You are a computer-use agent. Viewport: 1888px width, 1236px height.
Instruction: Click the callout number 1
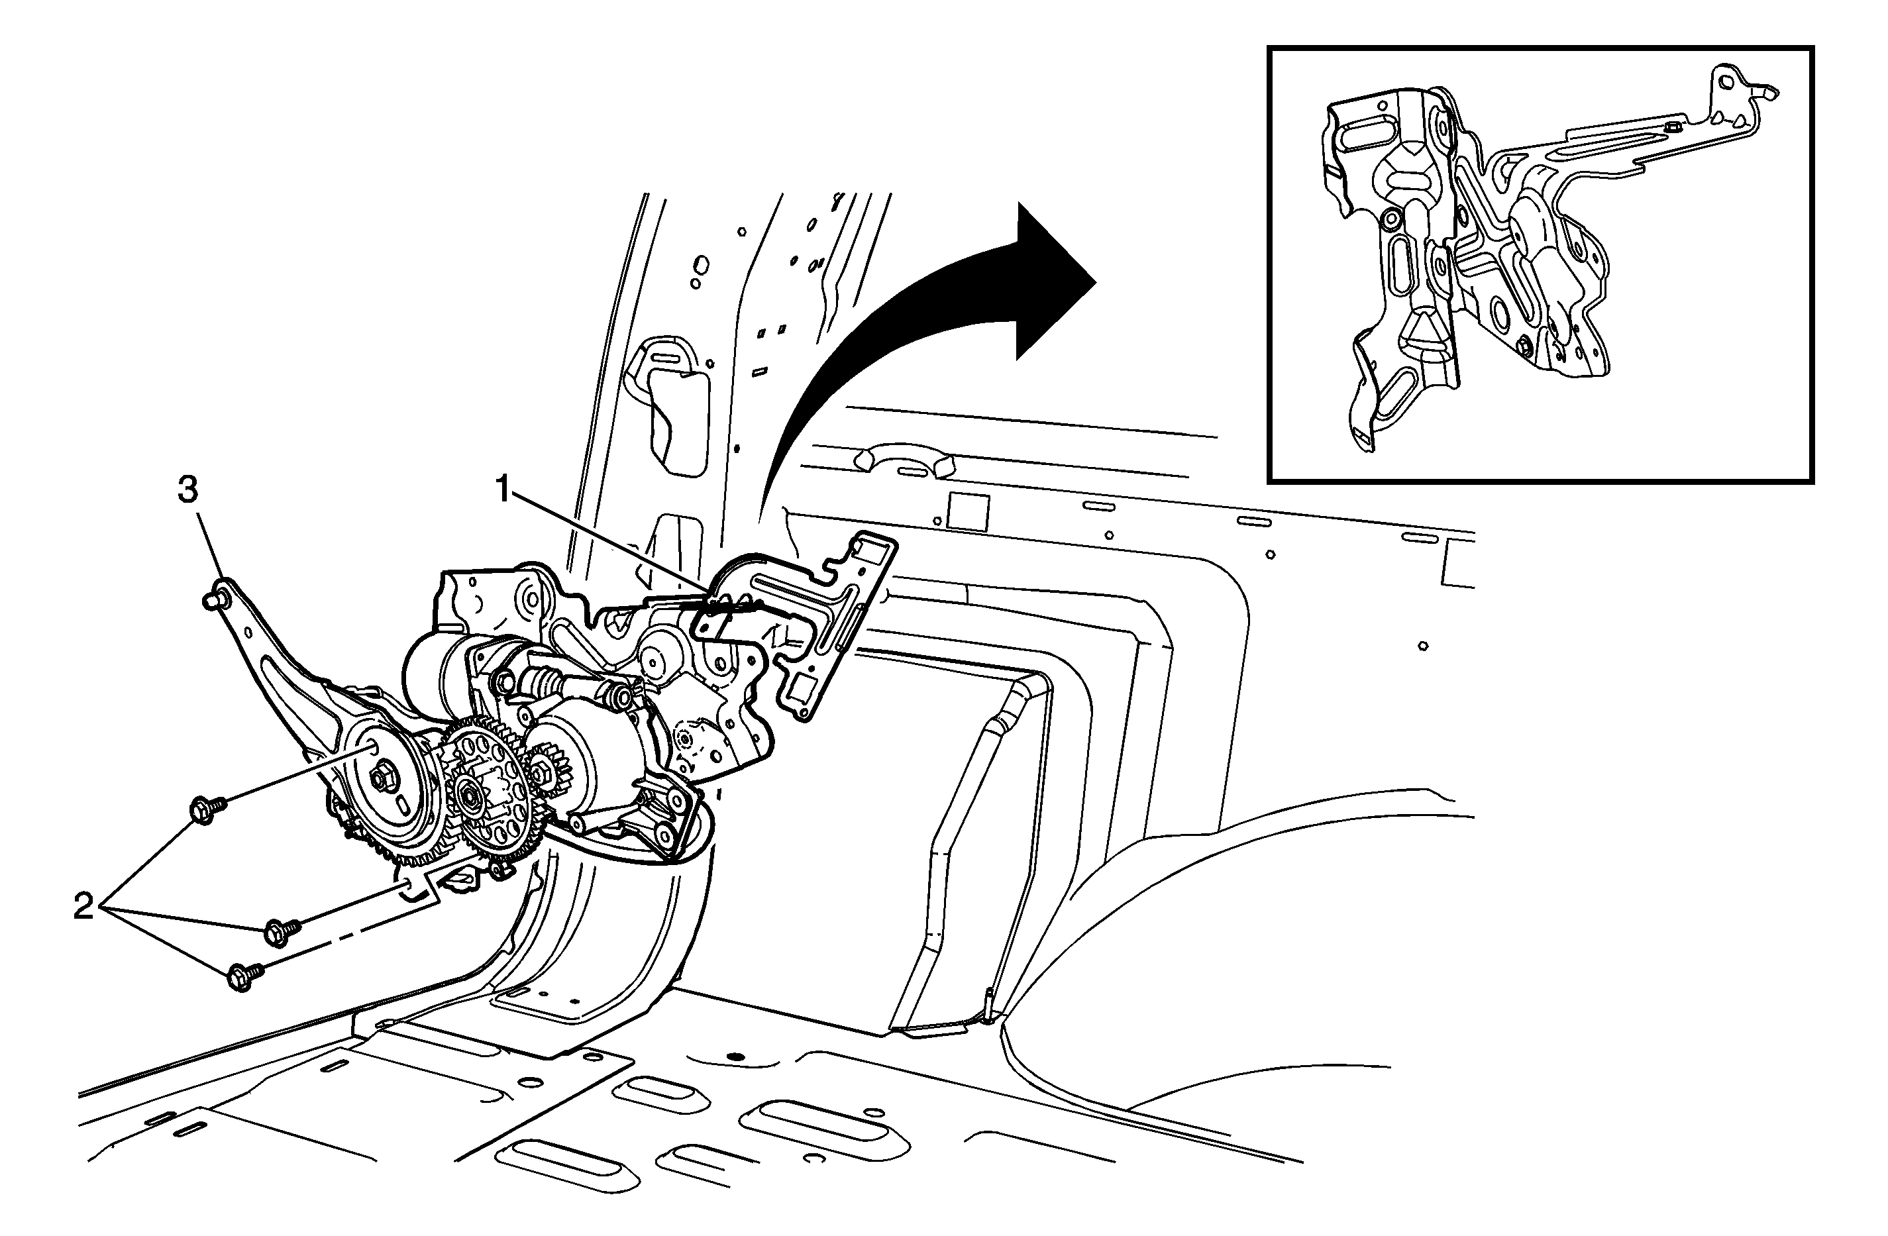pyautogui.click(x=503, y=490)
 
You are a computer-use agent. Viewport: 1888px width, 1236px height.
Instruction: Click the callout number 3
pyautogui.click(x=187, y=490)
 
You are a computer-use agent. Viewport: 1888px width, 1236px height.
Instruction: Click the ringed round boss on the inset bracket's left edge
pyautogui.click(x=1390, y=217)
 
